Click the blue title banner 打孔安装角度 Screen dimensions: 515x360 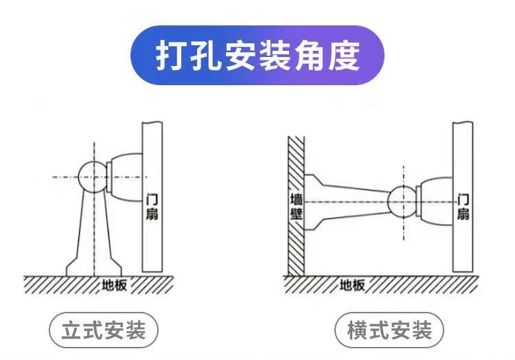tap(257, 56)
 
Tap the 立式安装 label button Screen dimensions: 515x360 tap(104, 330)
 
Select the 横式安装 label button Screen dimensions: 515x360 tap(389, 330)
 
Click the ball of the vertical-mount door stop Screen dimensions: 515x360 tap(93, 177)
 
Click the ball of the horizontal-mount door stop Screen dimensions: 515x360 tap(402, 201)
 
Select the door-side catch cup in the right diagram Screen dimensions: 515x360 tap(433, 201)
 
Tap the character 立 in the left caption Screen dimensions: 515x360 tap(73, 330)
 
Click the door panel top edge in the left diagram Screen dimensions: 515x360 tap(152, 122)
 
